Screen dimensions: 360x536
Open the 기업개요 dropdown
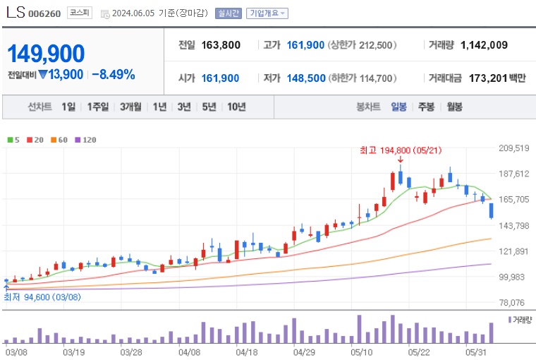(267, 13)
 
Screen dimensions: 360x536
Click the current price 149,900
(46, 54)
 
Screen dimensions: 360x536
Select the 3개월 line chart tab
(132, 107)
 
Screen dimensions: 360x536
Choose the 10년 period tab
(236, 107)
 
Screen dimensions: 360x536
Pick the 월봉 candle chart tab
(454, 107)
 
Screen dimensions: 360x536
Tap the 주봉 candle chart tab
(426, 107)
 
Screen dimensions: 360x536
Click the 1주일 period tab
(99, 107)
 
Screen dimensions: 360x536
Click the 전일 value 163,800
(221, 45)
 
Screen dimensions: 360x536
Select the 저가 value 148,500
(306, 78)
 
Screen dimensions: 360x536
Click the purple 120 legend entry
(85, 140)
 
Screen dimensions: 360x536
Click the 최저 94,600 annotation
(42, 297)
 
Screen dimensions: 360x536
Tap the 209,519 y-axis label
(513, 148)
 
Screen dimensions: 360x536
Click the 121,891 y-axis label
(513, 251)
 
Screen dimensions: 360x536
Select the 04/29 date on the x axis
(303, 351)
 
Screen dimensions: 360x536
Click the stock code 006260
(44, 13)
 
